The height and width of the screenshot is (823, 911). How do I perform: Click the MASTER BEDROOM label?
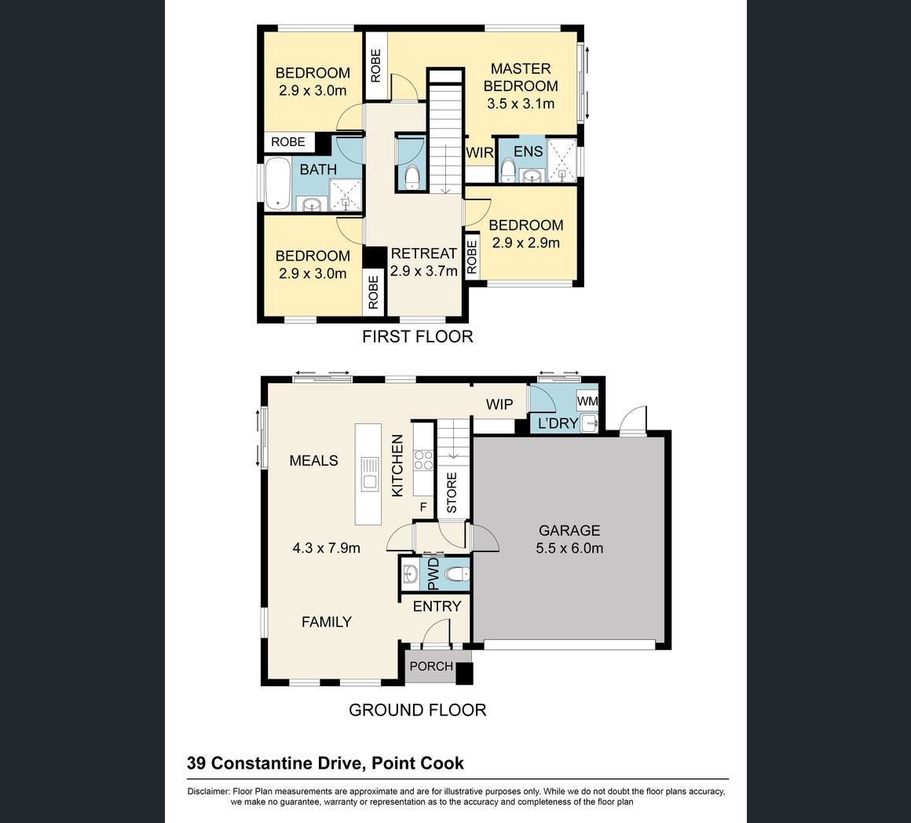tap(521, 77)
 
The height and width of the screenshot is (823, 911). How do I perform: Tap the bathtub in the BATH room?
tap(278, 184)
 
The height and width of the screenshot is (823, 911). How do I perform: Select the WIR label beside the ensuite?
tap(480, 153)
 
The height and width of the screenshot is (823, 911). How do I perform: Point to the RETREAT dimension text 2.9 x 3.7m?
tap(423, 271)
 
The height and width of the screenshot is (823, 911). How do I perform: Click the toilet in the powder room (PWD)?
tap(456, 574)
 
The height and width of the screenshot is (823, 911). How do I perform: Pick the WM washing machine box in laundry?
tap(587, 401)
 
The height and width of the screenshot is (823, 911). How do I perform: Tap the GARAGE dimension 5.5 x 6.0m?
tap(569, 547)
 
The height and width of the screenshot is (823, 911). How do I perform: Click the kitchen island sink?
tap(368, 474)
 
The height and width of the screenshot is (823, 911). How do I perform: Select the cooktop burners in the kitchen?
tap(423, 460)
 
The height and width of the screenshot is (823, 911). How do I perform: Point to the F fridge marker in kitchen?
tap(423, 507)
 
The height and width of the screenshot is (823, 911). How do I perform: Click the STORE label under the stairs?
tap(452, 492)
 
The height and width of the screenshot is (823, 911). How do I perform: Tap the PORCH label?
tap(431, 666)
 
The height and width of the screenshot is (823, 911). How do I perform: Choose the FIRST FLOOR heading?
tap(418, 336)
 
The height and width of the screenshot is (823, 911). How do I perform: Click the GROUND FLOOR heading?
tap(417, 710)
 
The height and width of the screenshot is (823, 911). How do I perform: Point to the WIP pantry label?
tap(499, 404)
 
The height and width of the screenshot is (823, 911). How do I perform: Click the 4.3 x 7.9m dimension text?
tap(327, 547)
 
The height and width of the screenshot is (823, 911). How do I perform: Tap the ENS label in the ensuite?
tap(528, 152)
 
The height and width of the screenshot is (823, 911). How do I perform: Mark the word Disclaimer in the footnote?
tap(207, 791)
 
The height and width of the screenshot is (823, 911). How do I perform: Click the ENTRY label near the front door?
tap(437, 606)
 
